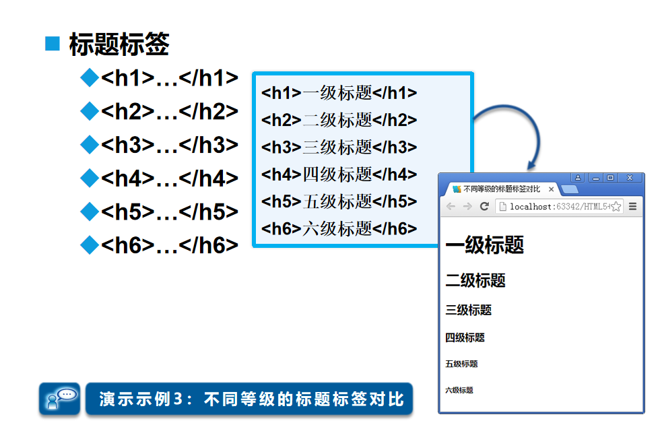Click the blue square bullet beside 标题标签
pyautogui.click(x=53, y=44)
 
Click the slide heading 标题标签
pyautogui.click(x=119, y=44)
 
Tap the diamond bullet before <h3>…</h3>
pyautogui.click(x=89, y=145)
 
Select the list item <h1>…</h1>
pyautogui.click(x=170, y=78)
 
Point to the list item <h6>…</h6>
pyautogui.click(x=170, y=245)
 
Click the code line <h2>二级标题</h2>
pyautogui.click(x=339, y=121)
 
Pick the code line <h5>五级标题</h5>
pyautogui.click(x=339, y=201)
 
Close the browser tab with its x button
pyautogui.click(x=551, y=189)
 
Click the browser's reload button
pyautogui.click(x=484, y=206)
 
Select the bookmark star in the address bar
pyautogui.click(x=616, y=207)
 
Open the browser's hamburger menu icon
pyautogui.click(x=633, y=206)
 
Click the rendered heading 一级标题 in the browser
pyautogui.click(x=484, y=246)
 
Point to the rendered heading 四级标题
pyautogui.click(x=465, y=337)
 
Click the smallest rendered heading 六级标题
pyautogui.click(x=459, y=390)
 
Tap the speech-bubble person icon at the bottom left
pyautogui.click(x=59, y=399)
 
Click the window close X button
pyautogui.click(x=630, y=178)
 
